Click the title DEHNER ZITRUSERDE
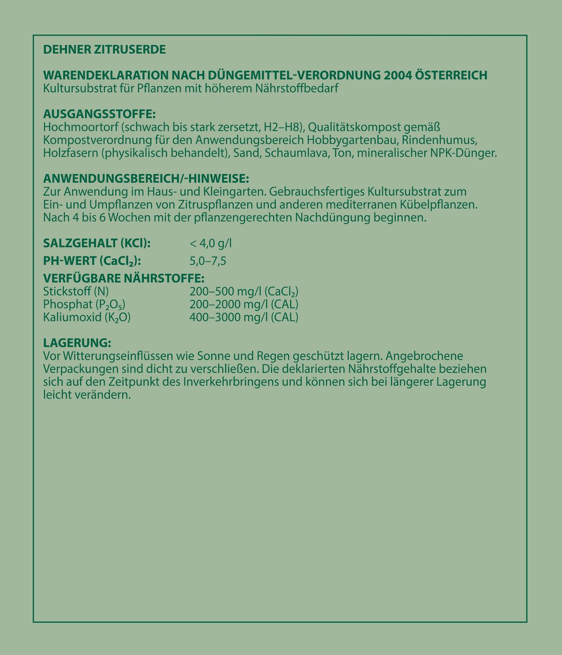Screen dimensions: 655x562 pos(104,50)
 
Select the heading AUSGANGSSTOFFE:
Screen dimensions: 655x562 pos(99,114)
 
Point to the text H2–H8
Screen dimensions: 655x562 pos(281,127)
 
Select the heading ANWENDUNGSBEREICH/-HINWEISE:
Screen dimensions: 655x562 pos(146,179)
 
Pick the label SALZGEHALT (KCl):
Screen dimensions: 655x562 pos(96,243)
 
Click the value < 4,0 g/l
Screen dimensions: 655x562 pos(211,243)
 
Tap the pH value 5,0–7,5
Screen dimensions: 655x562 pos(208,261)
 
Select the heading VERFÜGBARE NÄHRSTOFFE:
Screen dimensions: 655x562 pos(123,277)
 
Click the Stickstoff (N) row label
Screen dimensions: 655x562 pos(75,291)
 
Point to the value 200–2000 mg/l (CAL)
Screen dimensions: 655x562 pos(244,304)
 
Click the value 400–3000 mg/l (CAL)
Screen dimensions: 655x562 pos(244,317)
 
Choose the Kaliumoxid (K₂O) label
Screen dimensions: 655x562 pos(87,317)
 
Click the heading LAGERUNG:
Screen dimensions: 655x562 pos(77,343)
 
